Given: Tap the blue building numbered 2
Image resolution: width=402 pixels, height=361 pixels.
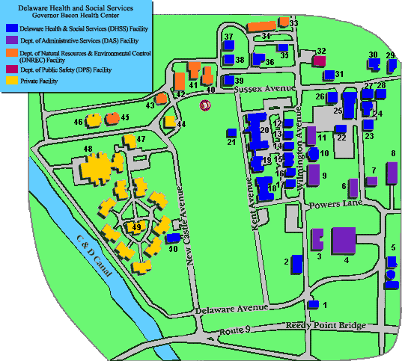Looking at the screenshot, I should click(x=296, y=264).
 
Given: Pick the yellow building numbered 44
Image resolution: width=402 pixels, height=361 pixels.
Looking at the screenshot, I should click(x=170, y=122).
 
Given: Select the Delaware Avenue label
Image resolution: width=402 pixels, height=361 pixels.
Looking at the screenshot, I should click(x=231, y=308).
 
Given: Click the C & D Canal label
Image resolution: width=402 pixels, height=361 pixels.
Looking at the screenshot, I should click(x=95, y=257).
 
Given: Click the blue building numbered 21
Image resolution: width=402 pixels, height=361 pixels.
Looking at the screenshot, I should click(x=231, y=133).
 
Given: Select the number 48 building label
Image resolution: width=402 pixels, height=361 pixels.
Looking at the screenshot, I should click(x=88, y=149).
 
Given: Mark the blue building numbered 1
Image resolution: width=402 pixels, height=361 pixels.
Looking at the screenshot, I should click(x=313, y=304).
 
